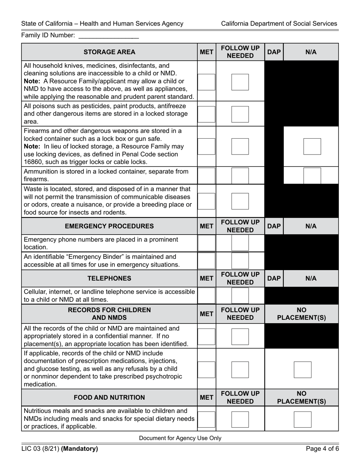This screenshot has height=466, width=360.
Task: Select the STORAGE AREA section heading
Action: (x=109, y=52)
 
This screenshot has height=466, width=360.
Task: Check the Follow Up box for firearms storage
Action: (x=240, y=146)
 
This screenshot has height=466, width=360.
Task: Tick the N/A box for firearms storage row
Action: (x=312, y=146)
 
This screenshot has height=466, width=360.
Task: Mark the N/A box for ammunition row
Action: (x=312, y=175)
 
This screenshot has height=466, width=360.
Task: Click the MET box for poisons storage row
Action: (x=207, y=114)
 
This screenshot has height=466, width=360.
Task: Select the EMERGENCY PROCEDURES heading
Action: (x=109, y=226)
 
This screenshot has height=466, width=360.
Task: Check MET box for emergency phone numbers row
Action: (x=207, y=243)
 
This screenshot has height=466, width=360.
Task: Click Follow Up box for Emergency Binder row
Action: (x=240, y=260)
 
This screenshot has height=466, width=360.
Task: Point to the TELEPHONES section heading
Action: (x=109, y=278)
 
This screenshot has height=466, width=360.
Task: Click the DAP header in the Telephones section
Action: (x=274, y=278)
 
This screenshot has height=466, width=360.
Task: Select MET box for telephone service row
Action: (x=207, y=296)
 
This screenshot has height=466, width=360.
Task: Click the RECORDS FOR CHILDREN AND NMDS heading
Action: (x=109, y=314)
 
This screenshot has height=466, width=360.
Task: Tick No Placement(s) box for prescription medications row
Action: (x=302, y=370)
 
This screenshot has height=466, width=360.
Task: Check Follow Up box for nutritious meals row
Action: (x=240, y=419)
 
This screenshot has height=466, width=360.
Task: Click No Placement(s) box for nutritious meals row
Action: (x=302, y=419)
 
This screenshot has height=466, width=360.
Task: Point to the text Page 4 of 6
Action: (x=321, y=449)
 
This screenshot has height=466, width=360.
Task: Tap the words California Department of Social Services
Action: (x=279, y=23)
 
